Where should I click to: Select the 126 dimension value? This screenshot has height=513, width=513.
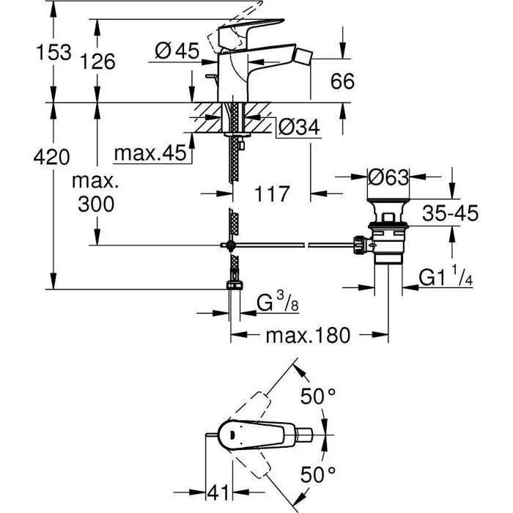pyautogui.click(x=98, y=62)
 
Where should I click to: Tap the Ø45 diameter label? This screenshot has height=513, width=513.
pyautogui.click(x=177, y=51)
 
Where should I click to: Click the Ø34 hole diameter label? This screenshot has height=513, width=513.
pyautogui.click(x=298, y=128)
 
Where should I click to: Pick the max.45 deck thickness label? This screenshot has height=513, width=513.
pyautogui.click(x=151, y=154)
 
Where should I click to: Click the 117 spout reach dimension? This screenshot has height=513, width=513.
pyautogui.click(x=272, y=194)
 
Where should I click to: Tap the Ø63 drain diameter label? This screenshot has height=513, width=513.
pyautogui.click(x=388, y=178)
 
